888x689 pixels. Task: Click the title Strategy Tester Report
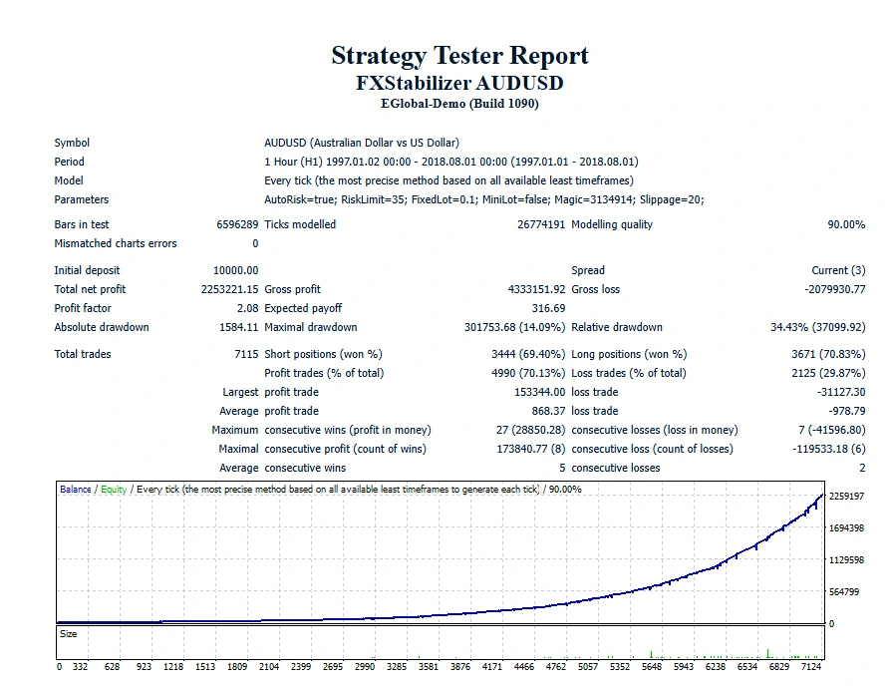coord(459,56)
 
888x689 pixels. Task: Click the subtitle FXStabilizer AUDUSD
coord(459,83)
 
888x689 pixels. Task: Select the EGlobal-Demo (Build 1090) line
coord(459,104)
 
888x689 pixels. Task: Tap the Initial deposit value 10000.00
coord(235,270)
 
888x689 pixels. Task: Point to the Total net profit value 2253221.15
coord(229,289)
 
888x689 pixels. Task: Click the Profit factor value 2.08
coord(247,308)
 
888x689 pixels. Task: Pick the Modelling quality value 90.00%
coord(846,224)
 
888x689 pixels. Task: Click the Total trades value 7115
coord(245,354)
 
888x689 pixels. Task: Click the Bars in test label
coord(82,224)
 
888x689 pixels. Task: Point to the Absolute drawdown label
coord(102,327)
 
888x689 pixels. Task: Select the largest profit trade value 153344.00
coord(539,392)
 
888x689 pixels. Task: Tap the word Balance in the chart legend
coord(75,490)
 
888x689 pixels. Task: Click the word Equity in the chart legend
coord(113,490)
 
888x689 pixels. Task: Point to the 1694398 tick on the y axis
coord(845,528)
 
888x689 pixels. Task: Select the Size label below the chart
coord(68,634)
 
